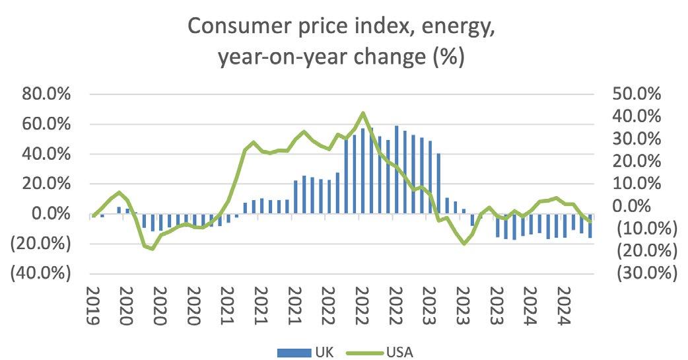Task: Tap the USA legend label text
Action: click(x=400, y=351)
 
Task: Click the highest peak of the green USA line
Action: click(x=363, y=113)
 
